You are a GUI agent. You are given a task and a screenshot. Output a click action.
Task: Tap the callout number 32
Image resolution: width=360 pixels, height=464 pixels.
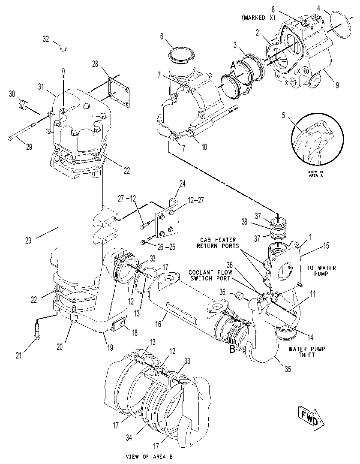pos(46,39)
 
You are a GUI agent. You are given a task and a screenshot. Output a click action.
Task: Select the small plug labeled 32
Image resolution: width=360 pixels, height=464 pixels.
pos(63,48)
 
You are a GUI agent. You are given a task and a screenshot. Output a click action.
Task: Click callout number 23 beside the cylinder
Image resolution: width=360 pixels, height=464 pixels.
pos(28,241)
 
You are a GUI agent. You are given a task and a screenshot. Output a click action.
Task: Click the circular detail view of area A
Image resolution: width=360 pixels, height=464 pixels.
pos(318,138)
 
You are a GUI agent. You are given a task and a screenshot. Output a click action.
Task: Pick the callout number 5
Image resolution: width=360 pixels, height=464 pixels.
pos(283,115)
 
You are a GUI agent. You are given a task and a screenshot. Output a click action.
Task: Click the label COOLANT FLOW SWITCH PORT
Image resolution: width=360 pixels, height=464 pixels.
pos(210,275)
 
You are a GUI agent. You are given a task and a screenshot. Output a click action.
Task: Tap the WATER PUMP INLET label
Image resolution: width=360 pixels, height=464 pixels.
pos(307,352)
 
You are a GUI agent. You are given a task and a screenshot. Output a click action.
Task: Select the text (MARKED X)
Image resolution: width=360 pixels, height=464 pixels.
pos(258,18)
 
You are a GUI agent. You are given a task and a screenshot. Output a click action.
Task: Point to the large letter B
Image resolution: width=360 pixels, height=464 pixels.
pos(233,349)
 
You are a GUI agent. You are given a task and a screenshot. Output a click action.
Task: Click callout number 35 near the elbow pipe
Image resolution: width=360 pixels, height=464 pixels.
pos(288,369)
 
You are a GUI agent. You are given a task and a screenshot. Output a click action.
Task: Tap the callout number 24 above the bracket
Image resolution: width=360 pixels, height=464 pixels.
pos(183,184)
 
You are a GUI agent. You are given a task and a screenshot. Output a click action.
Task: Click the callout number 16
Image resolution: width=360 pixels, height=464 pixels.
pos(158,324)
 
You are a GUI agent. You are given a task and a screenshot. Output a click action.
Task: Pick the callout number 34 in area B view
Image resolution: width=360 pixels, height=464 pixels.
pos(129,437)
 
